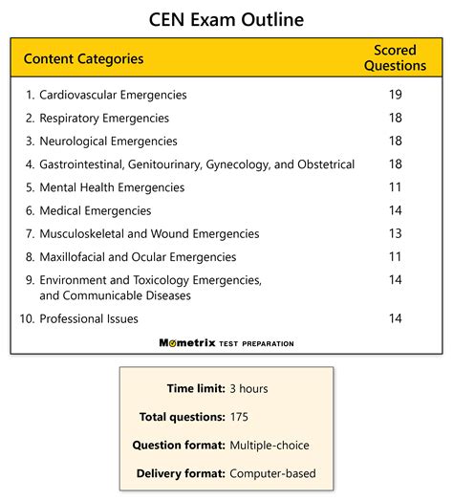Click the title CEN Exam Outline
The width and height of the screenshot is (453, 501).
pos(226,19)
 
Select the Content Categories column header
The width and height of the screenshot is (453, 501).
pos(84,59)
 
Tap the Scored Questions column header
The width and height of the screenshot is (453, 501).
pos(399,58)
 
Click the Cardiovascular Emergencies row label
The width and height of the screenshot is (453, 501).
pos(113,95)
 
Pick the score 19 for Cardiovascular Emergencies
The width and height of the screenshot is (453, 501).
pos(396,95)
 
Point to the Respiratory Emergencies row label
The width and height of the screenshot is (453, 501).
pos(104,119)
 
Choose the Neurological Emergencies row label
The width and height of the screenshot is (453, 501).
pos(107,142)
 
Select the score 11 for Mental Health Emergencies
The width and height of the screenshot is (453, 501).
pos(396,187)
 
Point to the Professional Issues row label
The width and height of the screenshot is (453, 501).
pos(89,318)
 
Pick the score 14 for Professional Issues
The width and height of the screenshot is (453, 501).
pos(396,318)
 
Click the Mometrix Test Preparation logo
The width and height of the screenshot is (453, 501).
pos(226,342)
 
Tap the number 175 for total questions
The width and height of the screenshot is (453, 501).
pos(240,417)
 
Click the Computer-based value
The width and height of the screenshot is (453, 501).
pos(272,473)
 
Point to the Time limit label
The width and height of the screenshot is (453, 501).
pos(194,389)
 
